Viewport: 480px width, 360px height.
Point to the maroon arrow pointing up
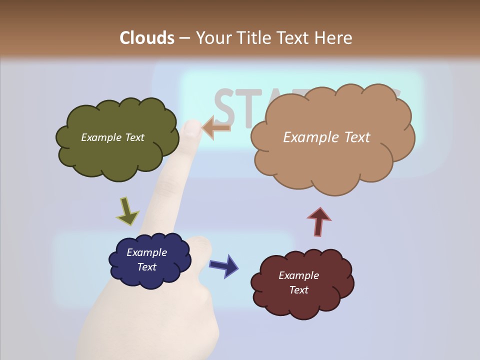tap(319, 221)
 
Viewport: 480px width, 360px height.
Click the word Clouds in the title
tap(146, 38)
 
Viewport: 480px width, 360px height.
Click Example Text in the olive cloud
tap(112, 137)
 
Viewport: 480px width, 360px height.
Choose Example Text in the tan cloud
tap(326, 137)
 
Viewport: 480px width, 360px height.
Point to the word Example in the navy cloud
tap(146, 252)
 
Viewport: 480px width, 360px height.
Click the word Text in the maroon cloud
tap(298, 290)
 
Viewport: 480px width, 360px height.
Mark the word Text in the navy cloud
tap(146, 267)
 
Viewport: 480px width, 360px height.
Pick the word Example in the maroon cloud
tap(298, 275)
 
